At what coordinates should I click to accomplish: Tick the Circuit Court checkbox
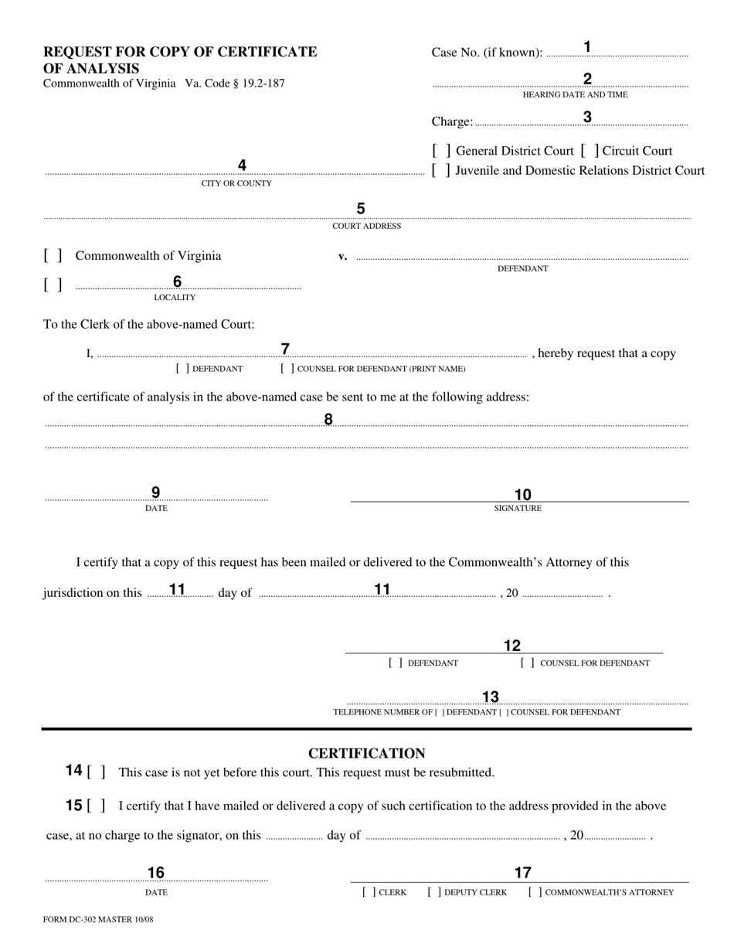pyautogui.click(x=590, y=151)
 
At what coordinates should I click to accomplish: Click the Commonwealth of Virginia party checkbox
pyautogui.click(x=53, y=256)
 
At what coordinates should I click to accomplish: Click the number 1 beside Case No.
pyautogui.click(x=587, y=47)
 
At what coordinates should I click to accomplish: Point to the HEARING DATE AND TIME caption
pyautogui.click(x=575, y=94)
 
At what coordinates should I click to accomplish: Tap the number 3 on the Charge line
pyautogui.click(x=587, y=118)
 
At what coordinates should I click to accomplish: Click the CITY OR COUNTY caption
pyautogui.click(x=236, y=184)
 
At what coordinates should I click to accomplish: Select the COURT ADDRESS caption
pyautogui.click(x=366, y=227)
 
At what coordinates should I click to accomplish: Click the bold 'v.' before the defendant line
pyautogui.click(x=342, y=257)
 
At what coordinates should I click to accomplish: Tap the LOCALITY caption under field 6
pyautogui.click(x=175, y=298)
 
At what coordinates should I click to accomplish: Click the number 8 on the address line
pyautogui.click(x=328, y=419)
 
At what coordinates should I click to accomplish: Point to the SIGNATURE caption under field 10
pyautogui.click(x=518, y=509)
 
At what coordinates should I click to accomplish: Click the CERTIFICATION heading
pyautogui.click(x=366, y=753)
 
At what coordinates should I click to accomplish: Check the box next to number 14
pyautogui.click(x=97, y=772)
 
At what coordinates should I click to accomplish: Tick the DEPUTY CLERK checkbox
pyautogui.click(x=434, y=892)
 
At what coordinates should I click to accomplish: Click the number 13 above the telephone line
pyautogui.click(x=491, y=697)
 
